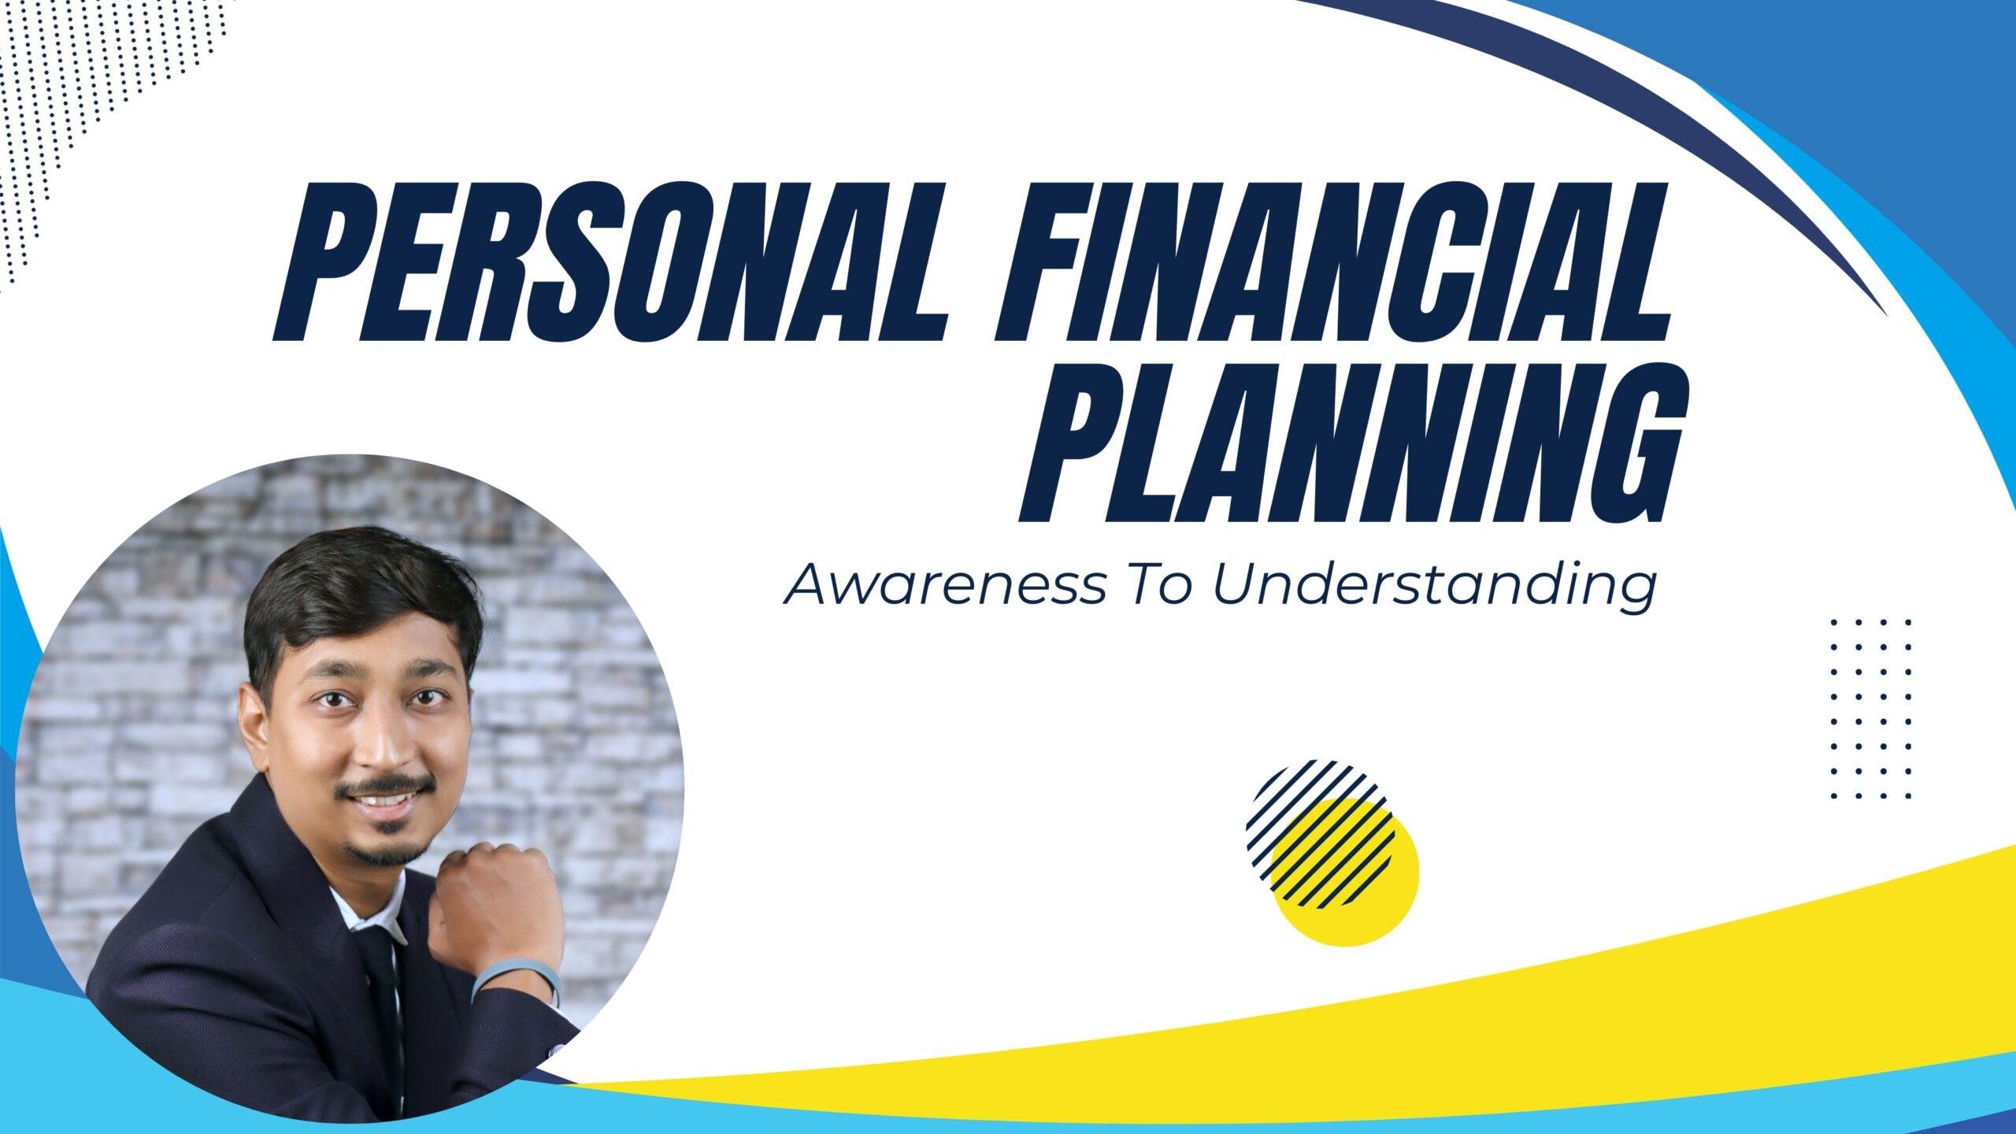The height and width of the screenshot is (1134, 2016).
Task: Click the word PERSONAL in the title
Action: (x=610, y=262)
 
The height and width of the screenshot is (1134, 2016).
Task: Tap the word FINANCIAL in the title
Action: (x=1332, y=262)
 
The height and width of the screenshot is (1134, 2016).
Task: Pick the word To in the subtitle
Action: (x=1161, y=584)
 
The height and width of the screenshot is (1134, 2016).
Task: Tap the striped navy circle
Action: (x=1320, y=833)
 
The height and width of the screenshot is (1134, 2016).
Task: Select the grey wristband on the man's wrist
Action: (x=516, y=981)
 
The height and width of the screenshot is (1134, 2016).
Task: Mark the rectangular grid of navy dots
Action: (x=1871, y=709)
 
